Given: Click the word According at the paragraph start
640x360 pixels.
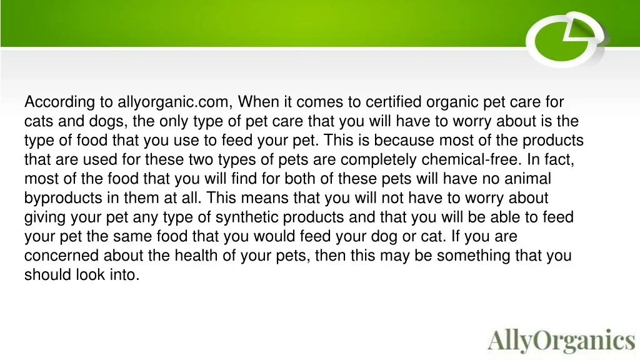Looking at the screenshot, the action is click(x=60, y=102).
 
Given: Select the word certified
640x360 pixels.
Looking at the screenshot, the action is click(x=393, y=102).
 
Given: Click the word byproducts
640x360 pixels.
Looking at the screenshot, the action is click(x=63, y=198).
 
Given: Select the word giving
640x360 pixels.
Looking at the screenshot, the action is click(x=44, y=217).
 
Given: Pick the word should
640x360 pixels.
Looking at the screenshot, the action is click(x=47, y=275).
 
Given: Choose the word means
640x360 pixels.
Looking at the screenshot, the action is click(x=264, y=198).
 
